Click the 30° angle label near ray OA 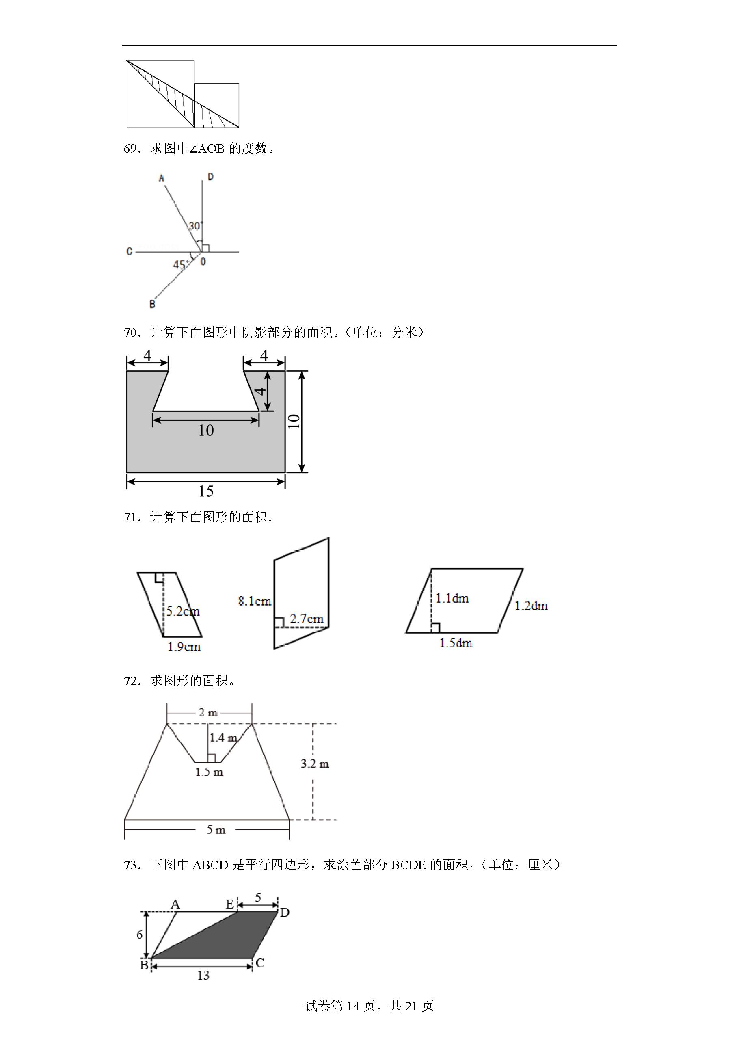pyautogui.click(x=196, y=225)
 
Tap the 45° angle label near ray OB pyautogui.click(x=180, y=264)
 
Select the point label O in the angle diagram pyautogui.click(x=203, y=261)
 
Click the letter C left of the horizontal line pyautogui.click(x=129, y=251)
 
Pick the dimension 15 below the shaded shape pyautogui.click(x=206, y=491)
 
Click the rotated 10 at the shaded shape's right pyautogui.click(x=294, y=421)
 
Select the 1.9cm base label pyautogui.click(x=184, y=647)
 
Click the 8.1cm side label pyautogui.click(x=254, y=601)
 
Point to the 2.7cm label pyautogui.click(x=307, y=619)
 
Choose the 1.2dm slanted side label pyautogui.click(x=531, y=606)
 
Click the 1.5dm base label pyautogui.click(x=456, y=643)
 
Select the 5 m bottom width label pyautogui.click(x=216, y=830)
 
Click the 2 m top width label pyautogui.click(x=208, y=713)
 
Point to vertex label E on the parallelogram pyautogui.click(x=230, y=904)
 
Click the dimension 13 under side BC pyautogui.click(x=203, y=976)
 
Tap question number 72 pyautogui.click(x=132, y=681)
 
